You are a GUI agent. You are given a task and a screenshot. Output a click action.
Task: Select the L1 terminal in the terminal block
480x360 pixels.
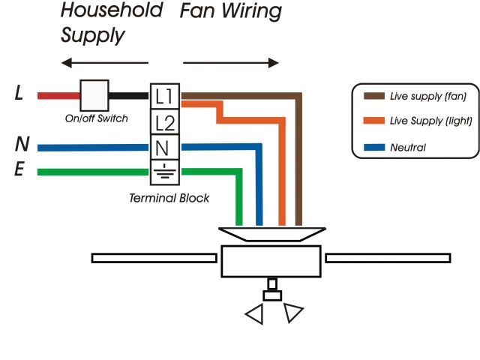click(165, 95)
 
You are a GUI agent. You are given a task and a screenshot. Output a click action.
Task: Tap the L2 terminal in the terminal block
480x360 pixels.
click(165, 122)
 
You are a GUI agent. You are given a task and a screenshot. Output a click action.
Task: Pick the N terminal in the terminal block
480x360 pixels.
click(165, 147)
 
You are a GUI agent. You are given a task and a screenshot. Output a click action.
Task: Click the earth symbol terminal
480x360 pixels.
click(165, 171)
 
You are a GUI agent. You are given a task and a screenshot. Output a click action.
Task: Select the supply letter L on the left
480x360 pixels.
click(19, 94)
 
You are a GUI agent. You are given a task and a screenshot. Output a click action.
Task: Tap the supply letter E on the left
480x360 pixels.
click(20, 170)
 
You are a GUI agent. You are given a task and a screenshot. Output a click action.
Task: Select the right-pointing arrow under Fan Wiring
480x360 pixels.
click(231, 63)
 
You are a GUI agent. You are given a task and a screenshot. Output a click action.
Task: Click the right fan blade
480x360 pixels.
click(388, 258)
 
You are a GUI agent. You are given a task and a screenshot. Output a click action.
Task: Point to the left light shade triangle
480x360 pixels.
click(256, 315)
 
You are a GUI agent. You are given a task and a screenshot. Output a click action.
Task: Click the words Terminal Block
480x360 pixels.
click(169, 198)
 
